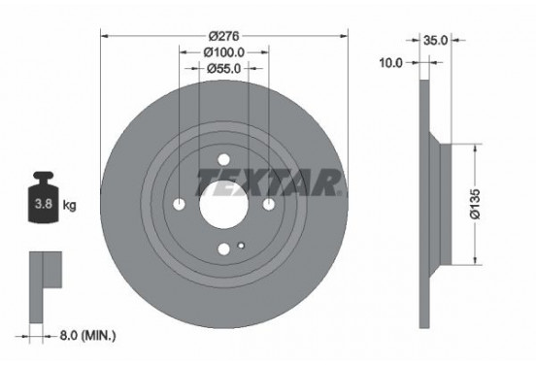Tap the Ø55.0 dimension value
point(224,68)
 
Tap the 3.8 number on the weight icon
point(43,206)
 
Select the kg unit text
point(70,206)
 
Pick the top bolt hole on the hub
point(224,160)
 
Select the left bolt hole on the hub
point(180,205)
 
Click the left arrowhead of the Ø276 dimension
point(105,35)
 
